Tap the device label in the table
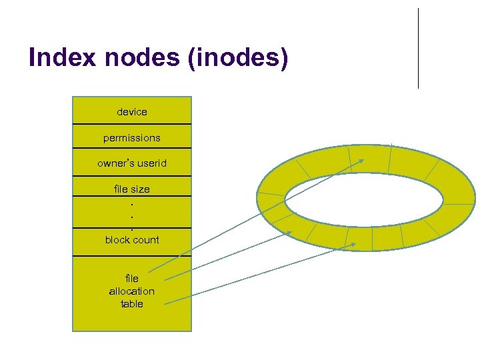tap(132, 112)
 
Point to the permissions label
tap(132, 138)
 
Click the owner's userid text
tap(132, 163)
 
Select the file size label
tap(132, 189)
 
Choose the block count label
tap(132, 240)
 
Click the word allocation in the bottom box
tap(132, 291)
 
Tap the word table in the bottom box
tap(132, 304)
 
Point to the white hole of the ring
tap(364, 199)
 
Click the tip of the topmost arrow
tap(364, 159)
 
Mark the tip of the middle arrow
tap(291, 232)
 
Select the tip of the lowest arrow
tap(356, 244)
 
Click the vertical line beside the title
tap(418, 48)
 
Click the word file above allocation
tap(132, 279)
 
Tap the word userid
tap(151, 163)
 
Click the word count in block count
tap(146, 240)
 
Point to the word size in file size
tap(140, 189)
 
